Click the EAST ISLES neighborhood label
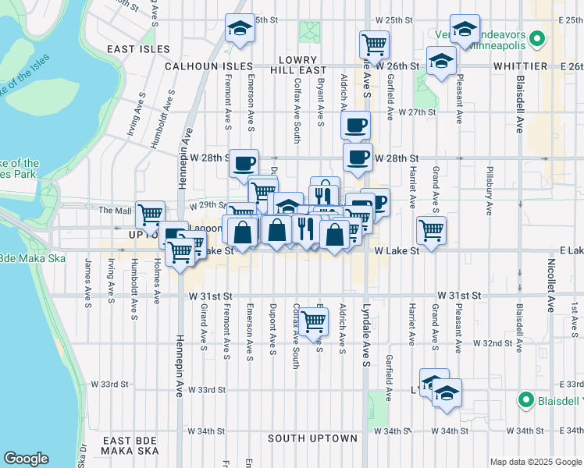[138, 49]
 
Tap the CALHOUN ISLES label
[208, 67]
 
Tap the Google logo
[26, 459]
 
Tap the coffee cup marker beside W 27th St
[356, 124]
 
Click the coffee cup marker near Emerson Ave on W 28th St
[244, 162]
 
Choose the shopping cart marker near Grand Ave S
[431, 229]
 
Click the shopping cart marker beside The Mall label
[149, 214]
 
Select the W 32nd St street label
[497, 342]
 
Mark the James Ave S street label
[87, 281]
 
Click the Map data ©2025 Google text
[536, 461]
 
